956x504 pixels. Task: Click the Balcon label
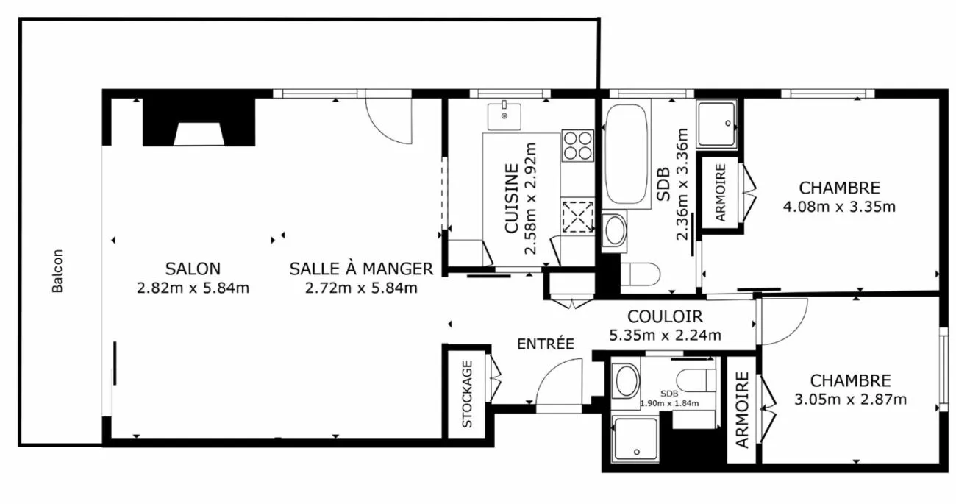[x=57, y=271]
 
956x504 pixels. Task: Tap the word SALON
[x=193, y=269]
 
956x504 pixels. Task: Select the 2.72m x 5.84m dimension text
[x=361, y=288]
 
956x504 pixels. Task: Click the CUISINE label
[x=512, y=199]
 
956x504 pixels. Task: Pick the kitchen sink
[x=504, y=116]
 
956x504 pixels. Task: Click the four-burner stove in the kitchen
[x=577, y=146]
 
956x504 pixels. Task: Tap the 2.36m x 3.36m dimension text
[x=682, y=185]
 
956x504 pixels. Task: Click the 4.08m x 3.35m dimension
[x=839, y=207]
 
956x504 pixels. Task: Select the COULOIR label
[x=665, y=316]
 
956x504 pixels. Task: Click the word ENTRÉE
[x=546, y=344]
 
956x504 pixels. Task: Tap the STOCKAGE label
[x=467, y=394]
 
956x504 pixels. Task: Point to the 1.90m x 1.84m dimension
[x=669, y=403]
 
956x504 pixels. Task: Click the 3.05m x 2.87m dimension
[x=850, y=400]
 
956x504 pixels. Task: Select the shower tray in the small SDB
[x=635, y=440]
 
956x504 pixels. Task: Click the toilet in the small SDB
[x=696, y=380]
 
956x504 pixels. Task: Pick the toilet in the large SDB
[x=641, y=274]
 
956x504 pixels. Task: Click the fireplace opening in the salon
[x=199, y=134]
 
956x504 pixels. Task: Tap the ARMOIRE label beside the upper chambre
[x=721, y=193]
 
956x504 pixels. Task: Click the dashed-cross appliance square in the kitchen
[x=577, y=217]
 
